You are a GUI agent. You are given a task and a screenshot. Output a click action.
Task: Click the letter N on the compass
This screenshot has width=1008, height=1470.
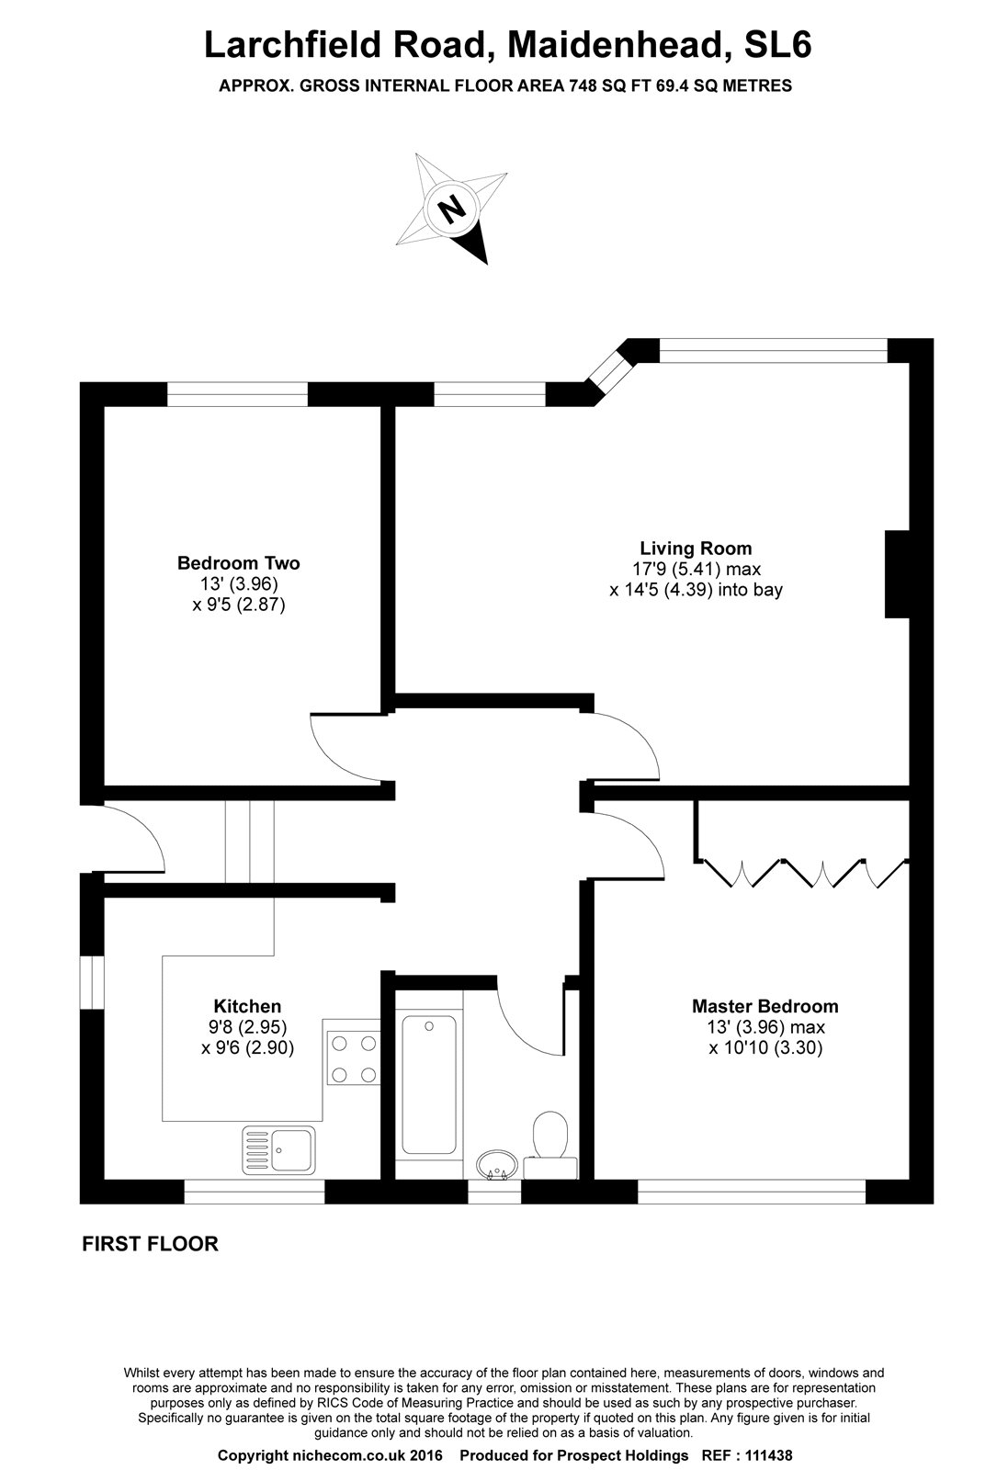coord(451,209)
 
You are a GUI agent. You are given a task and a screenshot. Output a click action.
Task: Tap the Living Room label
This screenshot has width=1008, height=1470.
coord(696,548)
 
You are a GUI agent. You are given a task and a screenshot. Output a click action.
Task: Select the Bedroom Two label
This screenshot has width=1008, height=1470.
coord(239,563)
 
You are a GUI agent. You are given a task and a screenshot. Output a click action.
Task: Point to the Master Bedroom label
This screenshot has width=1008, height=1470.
coord(764,1007)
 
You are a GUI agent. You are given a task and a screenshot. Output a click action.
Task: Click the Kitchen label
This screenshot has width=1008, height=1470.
coord(247,1007)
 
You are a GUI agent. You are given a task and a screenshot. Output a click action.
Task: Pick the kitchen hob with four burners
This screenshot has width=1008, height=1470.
coord(354,1058)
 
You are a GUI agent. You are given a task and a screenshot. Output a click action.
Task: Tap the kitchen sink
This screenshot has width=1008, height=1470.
coord(279,1148)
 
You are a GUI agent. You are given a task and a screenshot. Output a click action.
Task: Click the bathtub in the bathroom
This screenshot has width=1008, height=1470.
coord(429,1084)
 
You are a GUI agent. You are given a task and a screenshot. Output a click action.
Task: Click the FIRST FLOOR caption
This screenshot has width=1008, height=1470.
coord(151,1245)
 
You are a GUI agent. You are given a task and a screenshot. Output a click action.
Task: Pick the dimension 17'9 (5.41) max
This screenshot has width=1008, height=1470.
coord(696,569)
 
